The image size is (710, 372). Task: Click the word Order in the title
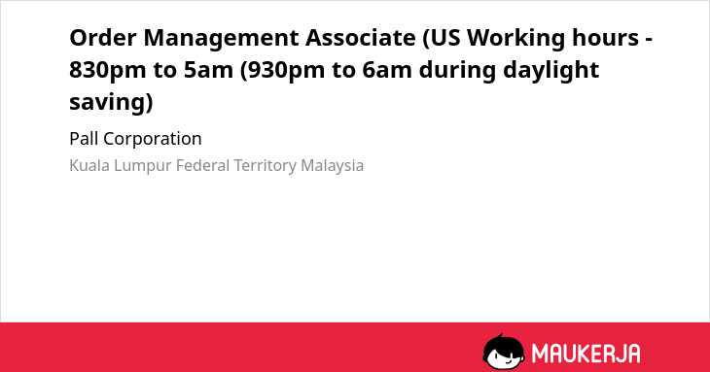[x=103, y=37]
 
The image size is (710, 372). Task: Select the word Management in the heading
[x=221, y=39]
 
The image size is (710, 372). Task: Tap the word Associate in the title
[x=361, y=37]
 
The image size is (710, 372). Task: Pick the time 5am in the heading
[x=208, y=70]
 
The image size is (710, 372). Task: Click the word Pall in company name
[x=84, y=138]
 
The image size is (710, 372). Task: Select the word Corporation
[x=153, y=139]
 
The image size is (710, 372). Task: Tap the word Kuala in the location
[x=89, y=165]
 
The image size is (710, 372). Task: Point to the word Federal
[x=203, y=165]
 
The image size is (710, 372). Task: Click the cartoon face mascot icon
[x=504, y=352]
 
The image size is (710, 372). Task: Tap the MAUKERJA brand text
[x=586, y=353]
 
